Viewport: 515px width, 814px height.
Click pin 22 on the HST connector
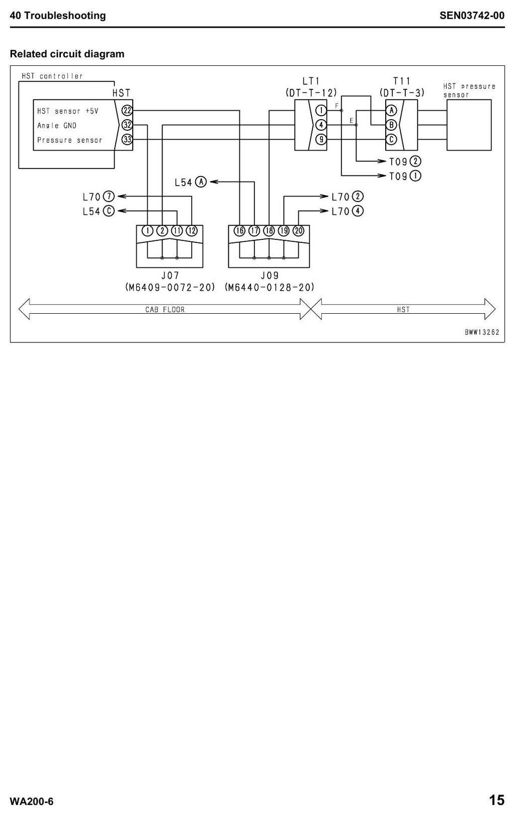pyautogui.click(x=127, y=111)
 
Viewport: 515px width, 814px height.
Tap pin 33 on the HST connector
pyautogui.click(x=127, y=140)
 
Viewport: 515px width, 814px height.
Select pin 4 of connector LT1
pyautogui.click(x=321, y=125)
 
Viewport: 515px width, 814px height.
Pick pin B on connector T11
pyautogui.click(x=391, y=125)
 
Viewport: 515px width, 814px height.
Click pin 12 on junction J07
pyautogui.click(x=192, y=231)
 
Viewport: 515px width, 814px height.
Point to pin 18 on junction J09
pyautogui.click(x=269, y=231)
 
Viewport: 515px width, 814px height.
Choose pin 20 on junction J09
pyautogui.click(x=298, y=231)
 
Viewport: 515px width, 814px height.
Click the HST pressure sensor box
pyautogui.click(x=469, y=125)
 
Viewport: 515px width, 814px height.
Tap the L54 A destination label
pyautogui.click(x=191, y=182)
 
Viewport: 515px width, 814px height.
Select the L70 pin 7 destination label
pyautogui.click(x=99, y=197)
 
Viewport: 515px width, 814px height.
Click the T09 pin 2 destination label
pyautogui.click(x=405, y=161)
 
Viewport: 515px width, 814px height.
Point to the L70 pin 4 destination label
pyautogui.click(x=348, y=212)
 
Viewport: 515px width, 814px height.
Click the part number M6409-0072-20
pyautogui.click(x=170, y=288)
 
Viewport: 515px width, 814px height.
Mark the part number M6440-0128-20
pyautogui.click(x=269, y=288)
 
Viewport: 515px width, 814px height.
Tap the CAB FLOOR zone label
pyautogui.click(x=165, y=310)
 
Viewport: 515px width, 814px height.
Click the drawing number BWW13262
pyautogui.click(x=482, y=332)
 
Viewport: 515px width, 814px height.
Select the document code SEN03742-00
pyautogui.click(x=472, y=16)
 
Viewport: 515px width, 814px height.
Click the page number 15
pyautogui.click(x=496, y=800)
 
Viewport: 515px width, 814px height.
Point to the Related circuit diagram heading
pyautogui.click(x=67, y=54)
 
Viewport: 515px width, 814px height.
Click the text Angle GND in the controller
pyautogui.click(x=57, y=126)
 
